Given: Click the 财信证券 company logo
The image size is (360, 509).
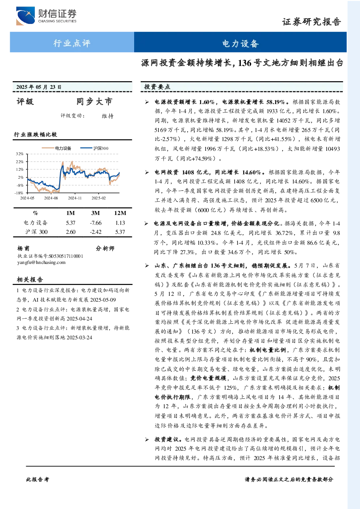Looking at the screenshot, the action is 46,16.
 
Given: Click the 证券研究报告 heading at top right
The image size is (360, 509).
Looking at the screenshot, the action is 311,22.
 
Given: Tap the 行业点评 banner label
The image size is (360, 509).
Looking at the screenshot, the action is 72,43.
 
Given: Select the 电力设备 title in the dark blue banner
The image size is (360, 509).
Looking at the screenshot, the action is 240,44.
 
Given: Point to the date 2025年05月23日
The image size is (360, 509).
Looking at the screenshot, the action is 39,87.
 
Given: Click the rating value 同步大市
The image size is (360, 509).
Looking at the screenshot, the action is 94,102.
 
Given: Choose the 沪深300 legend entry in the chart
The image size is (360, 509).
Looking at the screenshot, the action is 94,148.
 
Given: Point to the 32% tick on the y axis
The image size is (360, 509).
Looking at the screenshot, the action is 20,154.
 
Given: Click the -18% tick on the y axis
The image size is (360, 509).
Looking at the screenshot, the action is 19,193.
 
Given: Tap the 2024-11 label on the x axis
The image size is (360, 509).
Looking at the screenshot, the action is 75,198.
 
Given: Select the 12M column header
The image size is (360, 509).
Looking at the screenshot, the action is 120,213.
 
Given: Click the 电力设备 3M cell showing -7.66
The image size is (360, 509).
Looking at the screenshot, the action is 96,223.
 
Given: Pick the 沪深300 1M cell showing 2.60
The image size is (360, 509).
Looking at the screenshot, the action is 70,232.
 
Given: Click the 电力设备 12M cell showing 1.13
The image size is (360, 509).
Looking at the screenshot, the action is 120,223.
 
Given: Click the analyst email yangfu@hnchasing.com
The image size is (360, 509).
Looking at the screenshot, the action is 41,262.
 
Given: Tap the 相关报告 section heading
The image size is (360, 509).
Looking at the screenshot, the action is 30,280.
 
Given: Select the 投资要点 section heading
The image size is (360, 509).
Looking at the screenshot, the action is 157,87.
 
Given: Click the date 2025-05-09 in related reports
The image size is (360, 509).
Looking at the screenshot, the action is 103,300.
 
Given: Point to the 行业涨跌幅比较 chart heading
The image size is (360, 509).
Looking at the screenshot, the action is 36,135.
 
